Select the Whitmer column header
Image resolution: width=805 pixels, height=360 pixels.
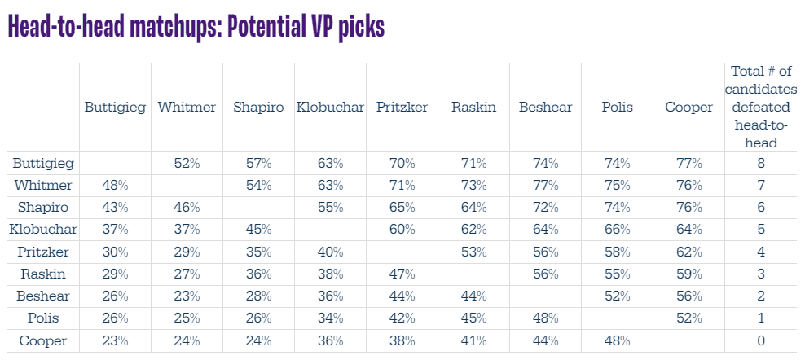pyautogui.click(x=187, y=107)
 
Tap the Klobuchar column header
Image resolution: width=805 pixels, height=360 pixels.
pyautogui.click(x=330, y=107)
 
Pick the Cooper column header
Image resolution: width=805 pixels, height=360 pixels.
pyautogui.click(x=688, y=107)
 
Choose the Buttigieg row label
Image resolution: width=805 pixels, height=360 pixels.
pyautogui.click(x=43, y=163)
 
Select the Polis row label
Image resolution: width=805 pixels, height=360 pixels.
pyautogui.click(x=32, y=318)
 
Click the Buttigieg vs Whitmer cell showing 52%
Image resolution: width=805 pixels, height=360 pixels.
pyautogui.click(x=187, y=163)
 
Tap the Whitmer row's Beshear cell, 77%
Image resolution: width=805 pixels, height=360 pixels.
pyautogui.click(x=545, y=185)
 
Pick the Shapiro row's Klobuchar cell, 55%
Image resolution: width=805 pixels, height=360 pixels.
pyautogui.click(x=330, y=208)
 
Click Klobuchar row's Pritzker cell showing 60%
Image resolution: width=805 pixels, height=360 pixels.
pyautogui.click(x=402, y=230)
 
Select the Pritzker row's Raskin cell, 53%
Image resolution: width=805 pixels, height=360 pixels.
pyautogui.click(x=473, y=252)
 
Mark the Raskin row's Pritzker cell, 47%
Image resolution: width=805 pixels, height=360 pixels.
pyautogui.click(x=402, y=274)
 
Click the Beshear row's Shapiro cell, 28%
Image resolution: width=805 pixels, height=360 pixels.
pyautogui.click(x=258, y=296)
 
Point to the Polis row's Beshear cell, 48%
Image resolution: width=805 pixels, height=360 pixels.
pyautogui.click(x=545, y=318)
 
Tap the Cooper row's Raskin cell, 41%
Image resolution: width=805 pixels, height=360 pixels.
pyautogui.click(x=473, y=340)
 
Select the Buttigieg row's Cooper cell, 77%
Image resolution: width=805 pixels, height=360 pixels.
pyautogui.click(x=688, y=163)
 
